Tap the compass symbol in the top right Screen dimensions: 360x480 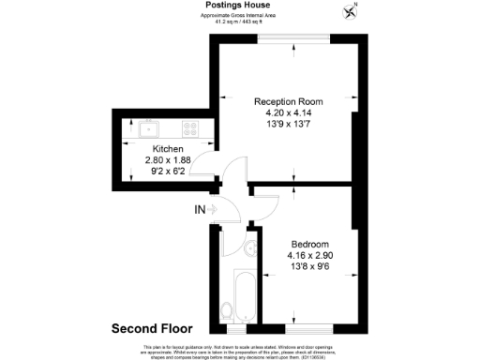[x=352, y=11]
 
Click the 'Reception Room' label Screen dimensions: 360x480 [x=291, y=100]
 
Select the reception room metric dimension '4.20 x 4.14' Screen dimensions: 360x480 [x=291, y=112]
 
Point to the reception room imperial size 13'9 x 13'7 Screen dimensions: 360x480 [x=291, y=123]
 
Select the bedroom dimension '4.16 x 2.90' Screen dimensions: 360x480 [x=307, y=254]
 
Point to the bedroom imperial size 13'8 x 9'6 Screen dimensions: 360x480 [x=307, y=265]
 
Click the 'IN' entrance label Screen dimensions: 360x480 [x=199, y=209]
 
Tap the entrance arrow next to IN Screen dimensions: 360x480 [x=213, y=209]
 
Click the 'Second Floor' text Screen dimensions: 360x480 [x=152, y=329]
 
